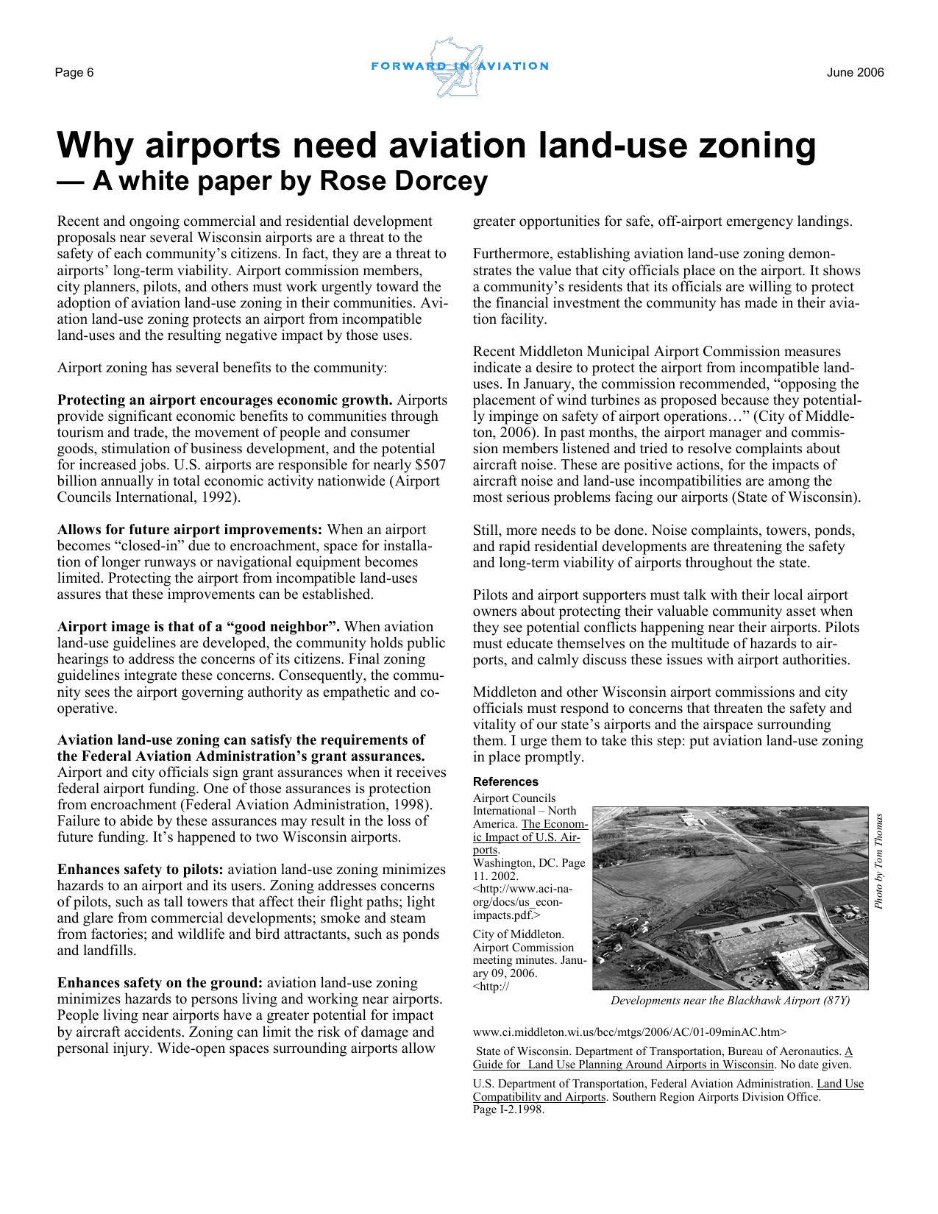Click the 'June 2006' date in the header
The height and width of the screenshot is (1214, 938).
click(x=855, y=73)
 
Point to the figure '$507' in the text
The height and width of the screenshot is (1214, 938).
click(x=431, y=465)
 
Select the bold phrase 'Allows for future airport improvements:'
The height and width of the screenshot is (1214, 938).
click(x=190, y=530)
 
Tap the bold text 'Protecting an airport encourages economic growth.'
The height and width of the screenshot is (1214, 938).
click(x=225, y=400)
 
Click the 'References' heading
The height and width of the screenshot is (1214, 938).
click(x=505, y=782)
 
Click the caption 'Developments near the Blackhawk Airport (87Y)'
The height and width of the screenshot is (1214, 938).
click(x=730, y=1001)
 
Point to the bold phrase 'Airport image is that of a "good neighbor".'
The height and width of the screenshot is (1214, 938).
click(x=199, y=627)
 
